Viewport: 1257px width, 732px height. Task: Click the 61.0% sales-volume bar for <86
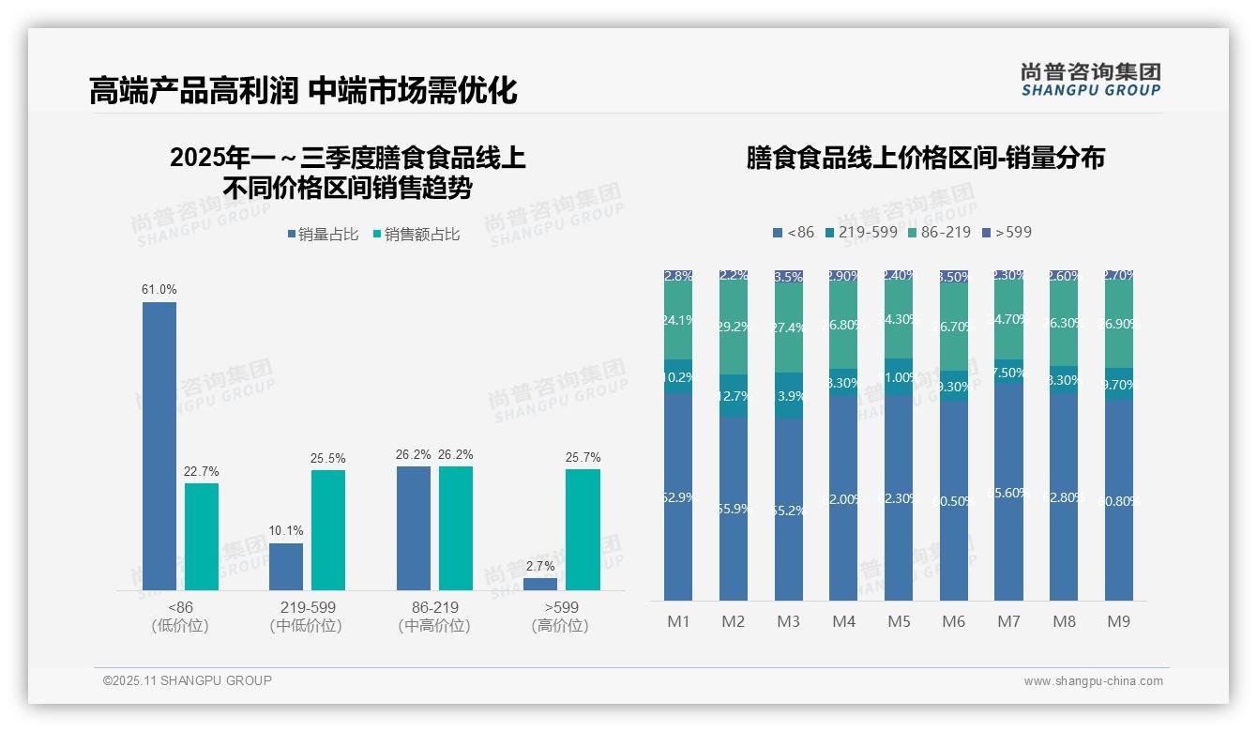point(159,446)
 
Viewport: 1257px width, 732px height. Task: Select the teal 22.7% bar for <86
point(201,537)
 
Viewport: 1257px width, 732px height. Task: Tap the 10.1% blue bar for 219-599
point(286,567)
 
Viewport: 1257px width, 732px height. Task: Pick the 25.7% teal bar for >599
point(583,529)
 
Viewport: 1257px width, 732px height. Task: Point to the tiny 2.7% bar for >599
point(540,584)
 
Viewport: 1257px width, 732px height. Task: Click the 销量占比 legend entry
point(323,235)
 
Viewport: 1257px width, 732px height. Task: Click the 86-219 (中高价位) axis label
point(434,617)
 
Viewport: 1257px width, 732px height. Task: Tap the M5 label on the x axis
point(899,621)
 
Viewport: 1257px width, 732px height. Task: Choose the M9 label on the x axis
point(1118,621)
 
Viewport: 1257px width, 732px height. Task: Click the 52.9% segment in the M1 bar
point(677,497)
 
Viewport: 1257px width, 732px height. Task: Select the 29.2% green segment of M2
point(734,328)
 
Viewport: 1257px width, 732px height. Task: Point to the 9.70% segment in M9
point(1118,385)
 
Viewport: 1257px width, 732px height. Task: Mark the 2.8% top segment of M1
point(677,276)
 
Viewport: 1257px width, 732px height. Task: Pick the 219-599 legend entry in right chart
point(860,232)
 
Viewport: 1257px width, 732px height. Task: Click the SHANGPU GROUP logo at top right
point(1090,79)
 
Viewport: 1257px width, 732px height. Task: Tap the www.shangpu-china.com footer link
point(1093,681)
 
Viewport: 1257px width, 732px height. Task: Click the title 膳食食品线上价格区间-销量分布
point(925,158)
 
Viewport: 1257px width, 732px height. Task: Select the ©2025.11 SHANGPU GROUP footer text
point(187,680)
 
